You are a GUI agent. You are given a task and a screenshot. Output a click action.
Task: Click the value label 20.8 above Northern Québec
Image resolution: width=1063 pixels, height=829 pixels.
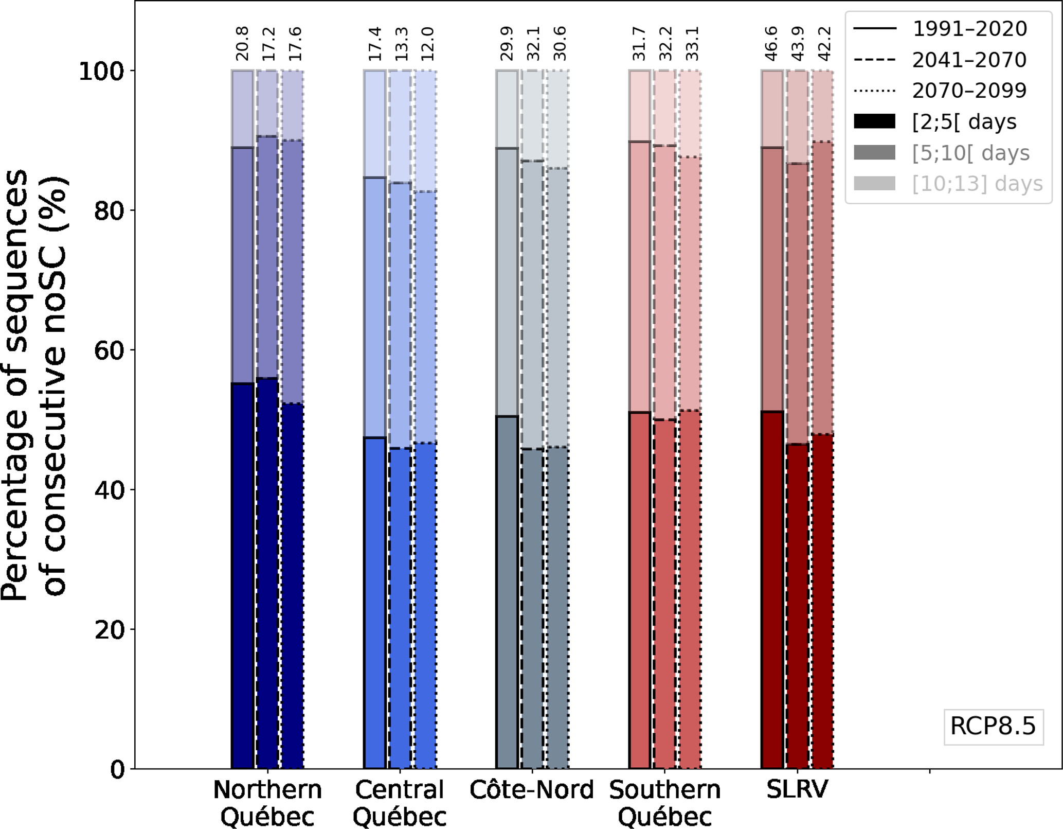point(242,44)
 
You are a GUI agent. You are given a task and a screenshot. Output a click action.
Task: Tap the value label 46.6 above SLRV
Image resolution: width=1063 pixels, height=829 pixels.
point(771,44)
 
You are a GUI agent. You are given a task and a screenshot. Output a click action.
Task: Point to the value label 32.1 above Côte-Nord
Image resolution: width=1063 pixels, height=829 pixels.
point(533,44)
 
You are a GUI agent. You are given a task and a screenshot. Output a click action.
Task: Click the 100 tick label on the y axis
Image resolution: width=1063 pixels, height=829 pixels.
point(102,71)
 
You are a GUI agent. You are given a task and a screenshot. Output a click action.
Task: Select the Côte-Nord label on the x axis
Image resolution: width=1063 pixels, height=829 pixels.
point(532,790)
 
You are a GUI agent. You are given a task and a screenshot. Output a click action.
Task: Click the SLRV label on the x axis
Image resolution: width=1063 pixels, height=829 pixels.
point(797,789)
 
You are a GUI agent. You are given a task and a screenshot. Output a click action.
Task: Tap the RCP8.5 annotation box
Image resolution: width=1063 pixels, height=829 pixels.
point(993,726)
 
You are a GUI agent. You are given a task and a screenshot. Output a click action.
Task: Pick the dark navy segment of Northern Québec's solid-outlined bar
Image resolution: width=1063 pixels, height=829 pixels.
point(242,576)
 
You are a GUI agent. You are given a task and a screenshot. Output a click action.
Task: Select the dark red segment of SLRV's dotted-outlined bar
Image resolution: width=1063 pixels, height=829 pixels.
point(822,602)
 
